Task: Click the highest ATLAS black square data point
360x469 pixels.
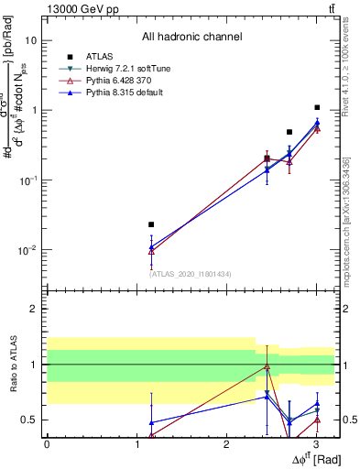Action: pos(317,107)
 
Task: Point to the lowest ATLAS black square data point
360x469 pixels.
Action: pos(151,224)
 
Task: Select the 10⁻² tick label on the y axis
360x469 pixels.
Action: pos(28,250)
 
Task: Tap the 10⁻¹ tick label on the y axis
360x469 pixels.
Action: pos(28,180)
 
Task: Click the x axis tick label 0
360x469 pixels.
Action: pos(47,444)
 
